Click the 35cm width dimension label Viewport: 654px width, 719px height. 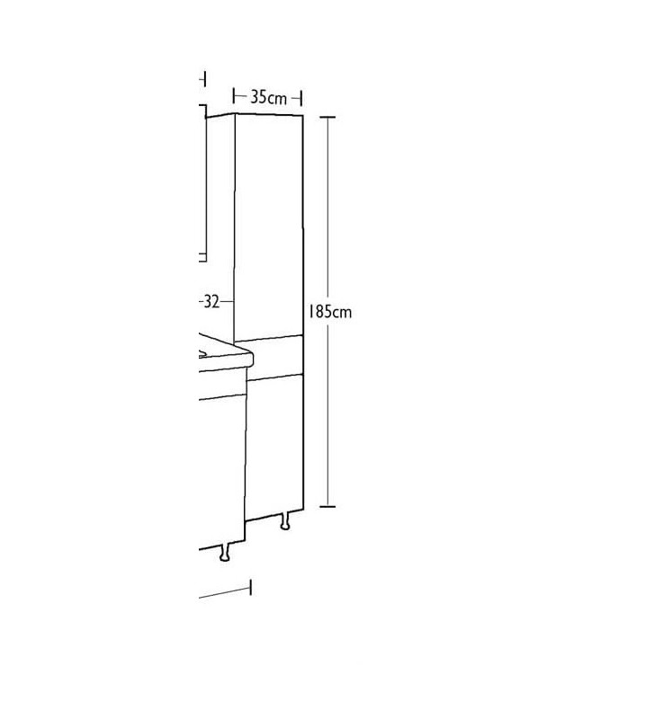[x=268, y=98]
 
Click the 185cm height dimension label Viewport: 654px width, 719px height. [x=330, y=312]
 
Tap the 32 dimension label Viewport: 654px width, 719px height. [x=211, y=302]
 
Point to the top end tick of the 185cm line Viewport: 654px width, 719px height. [x=327, y=118]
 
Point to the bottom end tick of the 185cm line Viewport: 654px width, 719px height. [x=327, y=507]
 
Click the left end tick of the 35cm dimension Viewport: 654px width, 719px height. [x=234, y=97]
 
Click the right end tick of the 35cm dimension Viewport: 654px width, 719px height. [x=301, y=98]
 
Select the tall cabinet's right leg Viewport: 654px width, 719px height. [x=285, y=521]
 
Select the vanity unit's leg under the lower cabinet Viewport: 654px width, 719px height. [x=224, y=552]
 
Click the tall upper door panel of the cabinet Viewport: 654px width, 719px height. [x=269, y=227]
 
